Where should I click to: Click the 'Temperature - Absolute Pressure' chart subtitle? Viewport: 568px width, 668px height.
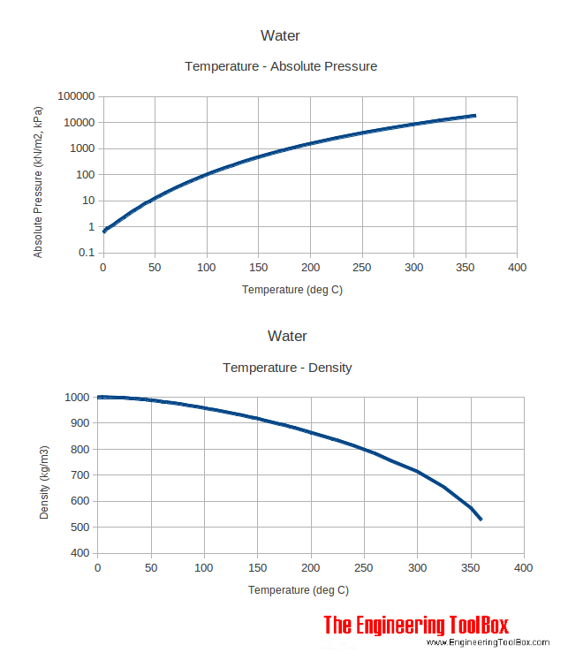[x=280, y=66]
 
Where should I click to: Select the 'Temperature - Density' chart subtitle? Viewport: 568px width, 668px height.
[x=286, y=367]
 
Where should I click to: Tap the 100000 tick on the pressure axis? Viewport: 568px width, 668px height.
[x=75, y=96]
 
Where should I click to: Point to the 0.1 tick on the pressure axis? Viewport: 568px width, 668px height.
[x=87, y=253]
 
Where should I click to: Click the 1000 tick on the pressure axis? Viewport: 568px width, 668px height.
[x=80, y=148]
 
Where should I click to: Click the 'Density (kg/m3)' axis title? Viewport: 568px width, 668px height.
[x=44, y=482]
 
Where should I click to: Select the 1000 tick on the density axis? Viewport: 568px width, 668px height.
[x=74, y=398]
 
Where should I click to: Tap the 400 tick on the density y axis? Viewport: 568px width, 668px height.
[x=78, y=553]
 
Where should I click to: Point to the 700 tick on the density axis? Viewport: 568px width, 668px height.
[x=78, y=475]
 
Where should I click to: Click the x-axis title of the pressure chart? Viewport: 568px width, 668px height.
[x=292, y=290]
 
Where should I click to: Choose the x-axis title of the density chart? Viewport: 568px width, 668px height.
[x=298, y=590]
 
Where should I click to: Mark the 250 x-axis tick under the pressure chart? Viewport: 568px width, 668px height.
[x=362, y=268]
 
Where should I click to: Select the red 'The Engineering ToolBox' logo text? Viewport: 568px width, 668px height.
[x=416, y=626]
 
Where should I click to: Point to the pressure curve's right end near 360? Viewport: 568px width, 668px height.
[x=475, y=116]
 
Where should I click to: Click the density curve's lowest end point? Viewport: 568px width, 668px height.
[x=481, y=520]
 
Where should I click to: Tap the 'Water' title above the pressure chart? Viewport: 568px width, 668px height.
[x=280, y=36]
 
